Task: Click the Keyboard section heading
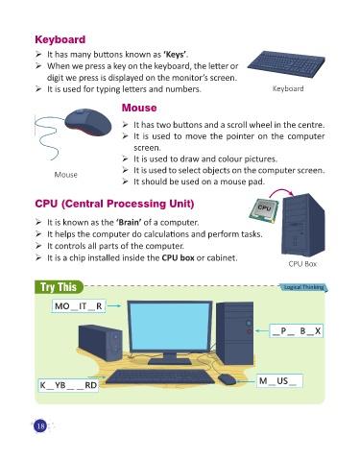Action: click(x=60, y=39)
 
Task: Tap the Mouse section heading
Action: click(x=139, y=108)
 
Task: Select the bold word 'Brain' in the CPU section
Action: click(x=129, y=222)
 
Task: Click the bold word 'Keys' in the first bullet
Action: click(x=175, y=55)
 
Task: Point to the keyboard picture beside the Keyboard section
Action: click(x=286, y=64)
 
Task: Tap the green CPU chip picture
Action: click(x=264, y=209)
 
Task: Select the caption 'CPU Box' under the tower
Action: click(x=302, y=264)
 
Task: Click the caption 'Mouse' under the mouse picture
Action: click(x=66, y=175)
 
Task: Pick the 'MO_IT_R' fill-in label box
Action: click(x=79, y=306)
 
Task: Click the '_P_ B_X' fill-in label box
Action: click(x=296, y=331)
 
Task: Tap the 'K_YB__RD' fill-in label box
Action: click(x=68, y=385)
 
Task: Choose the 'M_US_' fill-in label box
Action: click(x=279, y=381)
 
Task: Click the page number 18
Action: click(x=40, y=425)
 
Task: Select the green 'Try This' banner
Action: click(x=59, y=287)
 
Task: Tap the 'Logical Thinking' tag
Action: click(x=303, y=287)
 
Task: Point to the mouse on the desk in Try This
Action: click(x=227, y=379)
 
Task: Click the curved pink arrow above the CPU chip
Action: click(x=281, y=192)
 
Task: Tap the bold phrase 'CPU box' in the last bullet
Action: click(x=178, y=257)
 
